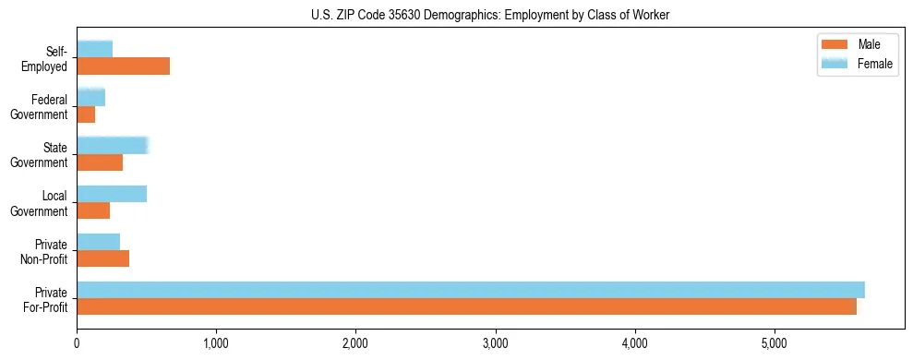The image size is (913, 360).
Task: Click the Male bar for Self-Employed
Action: pos(123,66)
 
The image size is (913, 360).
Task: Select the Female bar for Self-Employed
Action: pos(94,49)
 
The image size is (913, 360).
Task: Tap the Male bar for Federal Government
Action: pos(86,114)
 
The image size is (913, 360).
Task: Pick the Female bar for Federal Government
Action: pos(90,97)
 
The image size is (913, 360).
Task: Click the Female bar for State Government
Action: pos(112,145)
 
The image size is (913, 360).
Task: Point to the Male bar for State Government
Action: pos(100,162)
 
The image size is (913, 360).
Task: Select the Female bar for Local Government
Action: pos(112,194)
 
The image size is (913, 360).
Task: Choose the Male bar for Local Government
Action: pos(93,210)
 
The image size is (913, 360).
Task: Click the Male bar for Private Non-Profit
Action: pos(102,258)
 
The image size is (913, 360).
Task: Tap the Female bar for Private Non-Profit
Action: pos(98,242)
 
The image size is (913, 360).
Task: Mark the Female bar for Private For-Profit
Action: pos(471,290)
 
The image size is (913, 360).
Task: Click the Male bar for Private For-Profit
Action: pos(466,307)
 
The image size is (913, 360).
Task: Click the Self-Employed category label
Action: pos(50,58)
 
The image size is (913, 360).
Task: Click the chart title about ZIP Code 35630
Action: pos(491,15)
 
